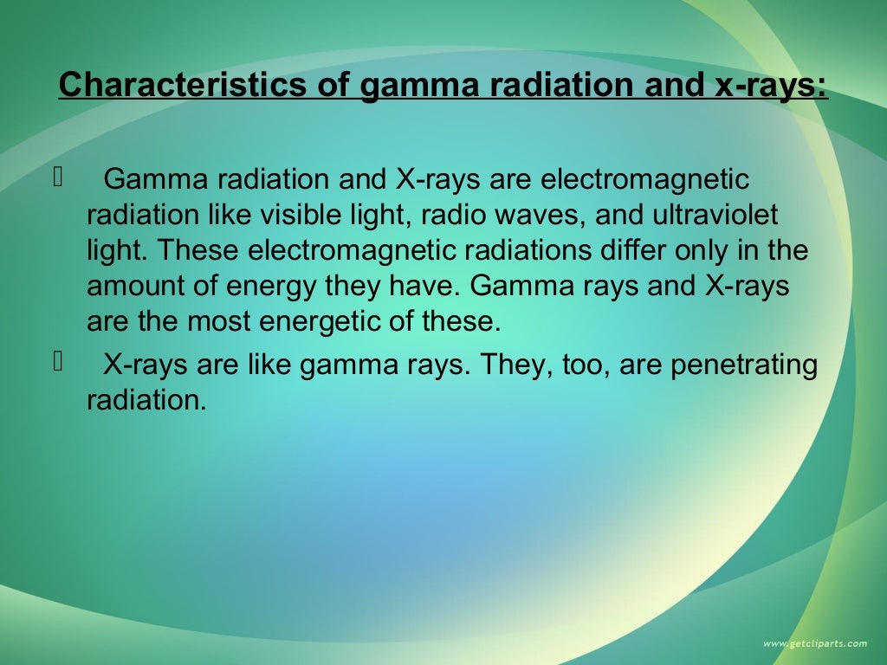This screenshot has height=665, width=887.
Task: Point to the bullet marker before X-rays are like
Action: click(x=59, y=363)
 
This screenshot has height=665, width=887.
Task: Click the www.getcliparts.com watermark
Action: click(x=814, y=643)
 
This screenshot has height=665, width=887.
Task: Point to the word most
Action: click(x=217, y=322)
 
